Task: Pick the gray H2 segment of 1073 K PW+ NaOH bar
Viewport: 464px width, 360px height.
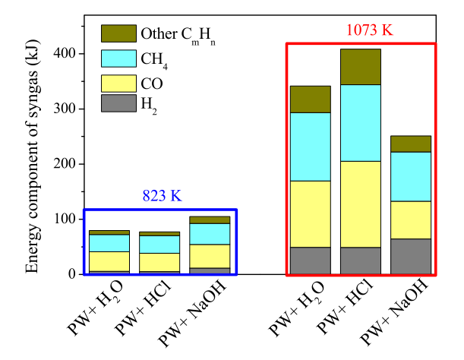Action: click(411, 256)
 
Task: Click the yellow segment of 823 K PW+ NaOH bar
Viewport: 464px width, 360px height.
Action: click(210, 256)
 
